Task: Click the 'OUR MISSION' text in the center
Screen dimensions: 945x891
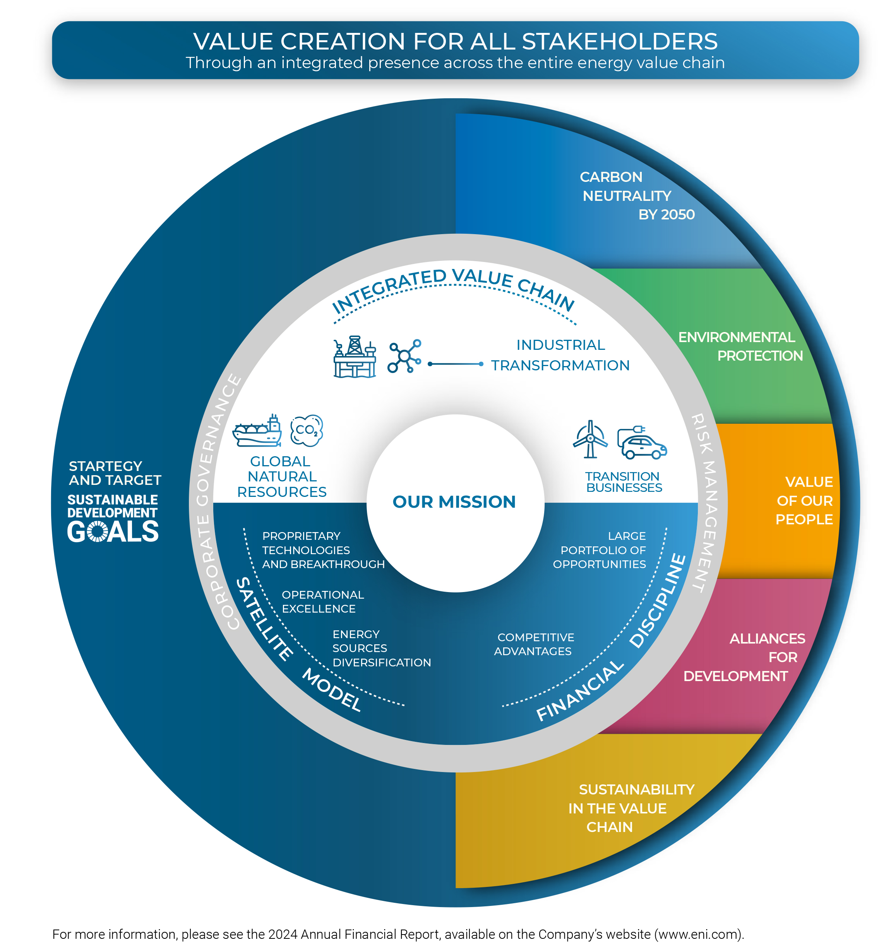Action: pyautogui.click(x=454, y=502)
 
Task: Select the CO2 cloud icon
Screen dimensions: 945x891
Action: pyautogui.click(x=307, y=430)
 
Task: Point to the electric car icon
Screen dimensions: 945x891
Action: pyautogui.click(x=642, y=443)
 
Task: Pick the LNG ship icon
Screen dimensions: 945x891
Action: pyautogui.click(x=257, y=431)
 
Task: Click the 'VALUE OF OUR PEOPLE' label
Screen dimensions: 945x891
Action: pyautogui.click(x=804, y=500)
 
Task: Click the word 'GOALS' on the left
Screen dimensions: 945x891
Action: pyautogui.click(x=113, y=531)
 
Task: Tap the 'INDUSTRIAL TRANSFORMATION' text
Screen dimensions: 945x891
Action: pyautogui.click(x=560, y=355)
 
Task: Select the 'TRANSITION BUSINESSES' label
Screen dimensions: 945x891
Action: pyautogui.click(x=623, y=482)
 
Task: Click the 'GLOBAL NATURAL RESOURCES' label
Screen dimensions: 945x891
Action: pyautogui.click(x=281, y=476)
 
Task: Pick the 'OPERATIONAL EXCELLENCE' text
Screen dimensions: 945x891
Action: pyautogui.click(x=322, y=602)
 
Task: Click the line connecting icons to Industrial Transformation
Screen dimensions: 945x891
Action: pyautogui.click(x=456, y=364)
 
